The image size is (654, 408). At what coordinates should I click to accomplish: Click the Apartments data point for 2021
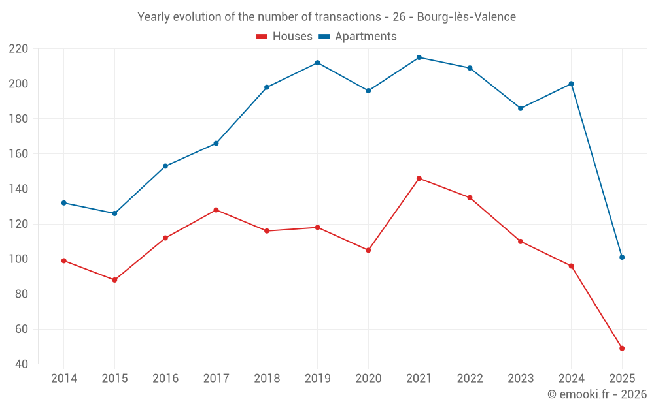(x=419, y=57)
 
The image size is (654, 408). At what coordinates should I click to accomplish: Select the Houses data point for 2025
(x=622, y=349)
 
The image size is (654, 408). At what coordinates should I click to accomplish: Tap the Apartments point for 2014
(x=64, y=203)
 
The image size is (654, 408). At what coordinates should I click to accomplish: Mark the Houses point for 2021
(x=419, y=178)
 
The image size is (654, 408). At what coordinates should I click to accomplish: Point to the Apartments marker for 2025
(x=622, y=257)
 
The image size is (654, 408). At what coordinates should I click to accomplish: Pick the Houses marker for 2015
(x=114, y=280)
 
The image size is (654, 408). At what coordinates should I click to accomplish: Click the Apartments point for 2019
(x=318, y=63)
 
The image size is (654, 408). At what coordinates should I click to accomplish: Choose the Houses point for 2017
(x=216, y=210)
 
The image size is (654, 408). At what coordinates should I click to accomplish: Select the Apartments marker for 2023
(x=521, y=108)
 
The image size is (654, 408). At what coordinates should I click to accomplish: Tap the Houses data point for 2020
(x=368, y=250)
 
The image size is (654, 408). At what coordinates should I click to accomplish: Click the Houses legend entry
(x=284, y=37)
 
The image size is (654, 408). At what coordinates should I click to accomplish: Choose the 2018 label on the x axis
(x=267, y=379)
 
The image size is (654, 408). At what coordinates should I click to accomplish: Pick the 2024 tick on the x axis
(x=572, y=379)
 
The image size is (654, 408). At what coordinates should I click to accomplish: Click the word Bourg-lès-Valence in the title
(x=466, y=17)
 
